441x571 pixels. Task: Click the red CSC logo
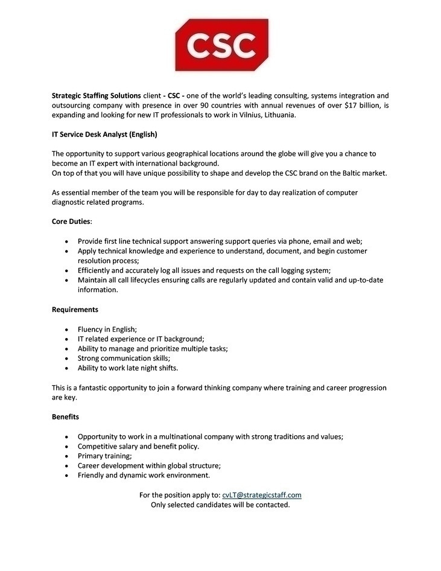pyautogui.click(x=221, y=44)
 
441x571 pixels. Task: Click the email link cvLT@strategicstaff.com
pyautogui.click(x=261, y=495)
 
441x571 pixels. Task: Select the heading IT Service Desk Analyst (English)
pyautogui.click(x=104, y=134)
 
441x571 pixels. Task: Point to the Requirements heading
pyautogui.click(x=75, y=310)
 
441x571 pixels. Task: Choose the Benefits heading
pyautogui.click(x=65, y=417)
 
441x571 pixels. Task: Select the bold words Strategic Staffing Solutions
pyautogui.click(x=96, y=96)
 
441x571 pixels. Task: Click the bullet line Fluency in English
pyautogui.click(x=107, y=329)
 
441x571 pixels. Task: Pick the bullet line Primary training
pyautogui.click(x=105, y=456)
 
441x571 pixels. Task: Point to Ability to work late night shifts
pyautogui.click(x=128, y=368)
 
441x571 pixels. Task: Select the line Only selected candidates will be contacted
pyautogui.click(x=220, y=505)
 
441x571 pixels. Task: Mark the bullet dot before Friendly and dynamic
pyautogui.click(x=66, y=476)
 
